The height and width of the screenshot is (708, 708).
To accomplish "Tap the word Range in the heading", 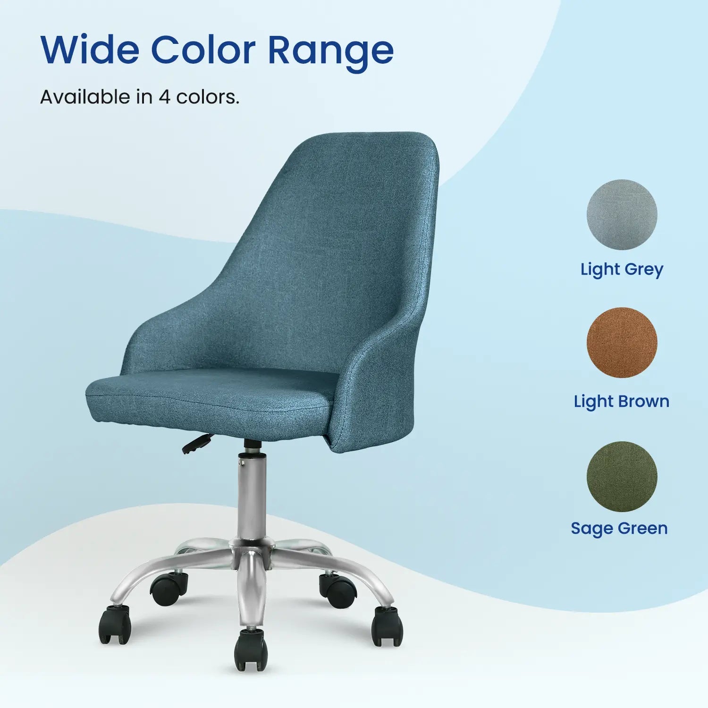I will click(330, 51).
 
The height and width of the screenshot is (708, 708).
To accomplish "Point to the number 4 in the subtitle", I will click(164, 97).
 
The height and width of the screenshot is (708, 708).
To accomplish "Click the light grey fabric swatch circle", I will click(622, 215).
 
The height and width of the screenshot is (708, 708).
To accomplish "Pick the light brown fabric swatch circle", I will click(622, 343).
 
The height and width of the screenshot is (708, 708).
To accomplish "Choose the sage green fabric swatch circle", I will click(622, 477).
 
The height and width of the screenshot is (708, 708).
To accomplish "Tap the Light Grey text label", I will click(622, 270).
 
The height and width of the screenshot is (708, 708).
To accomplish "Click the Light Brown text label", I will click(622, 401).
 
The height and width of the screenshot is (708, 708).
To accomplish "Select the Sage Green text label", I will click(619, 528).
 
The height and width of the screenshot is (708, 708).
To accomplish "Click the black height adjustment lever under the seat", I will click(196, 444).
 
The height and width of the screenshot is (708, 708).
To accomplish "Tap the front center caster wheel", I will click(251, 651).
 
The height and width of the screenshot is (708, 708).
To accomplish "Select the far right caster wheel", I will click(387, 626).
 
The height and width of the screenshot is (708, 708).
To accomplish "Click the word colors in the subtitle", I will click(208, 97).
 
